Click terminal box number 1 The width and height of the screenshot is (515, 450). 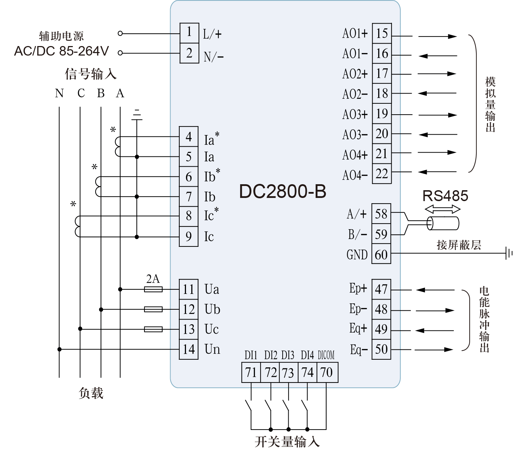[x=189, y=33]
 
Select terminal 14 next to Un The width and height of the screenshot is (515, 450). [x=189, y=349]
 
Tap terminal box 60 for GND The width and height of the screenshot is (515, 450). [x=381, y=254]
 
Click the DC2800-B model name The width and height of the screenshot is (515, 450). [x=283, y=192]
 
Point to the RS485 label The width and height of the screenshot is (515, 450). [x=445, y=196]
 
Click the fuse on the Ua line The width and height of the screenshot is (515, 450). [x=153, y=289]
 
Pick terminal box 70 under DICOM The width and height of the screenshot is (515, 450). [x=327, y=372]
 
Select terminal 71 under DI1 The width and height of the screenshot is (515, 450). [x=251, y=372]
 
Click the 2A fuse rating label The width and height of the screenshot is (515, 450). [x=153, y=279]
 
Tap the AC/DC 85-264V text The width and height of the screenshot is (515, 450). [x=62, y=51]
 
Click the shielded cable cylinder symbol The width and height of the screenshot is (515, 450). [x=443, y=223]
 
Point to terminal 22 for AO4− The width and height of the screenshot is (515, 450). [x=382, y=174]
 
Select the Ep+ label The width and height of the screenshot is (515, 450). [x=358, y=288]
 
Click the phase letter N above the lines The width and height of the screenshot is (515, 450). [x=59, y=93]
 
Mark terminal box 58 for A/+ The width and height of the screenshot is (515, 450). [x=381, y=214]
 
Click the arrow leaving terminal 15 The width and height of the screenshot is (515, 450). [x=437, y=36]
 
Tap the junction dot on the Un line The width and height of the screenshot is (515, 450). [x=59, y=349]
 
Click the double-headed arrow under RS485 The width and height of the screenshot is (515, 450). [x=443, y=210]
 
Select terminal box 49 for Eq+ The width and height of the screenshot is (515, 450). [x=381, y=329]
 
